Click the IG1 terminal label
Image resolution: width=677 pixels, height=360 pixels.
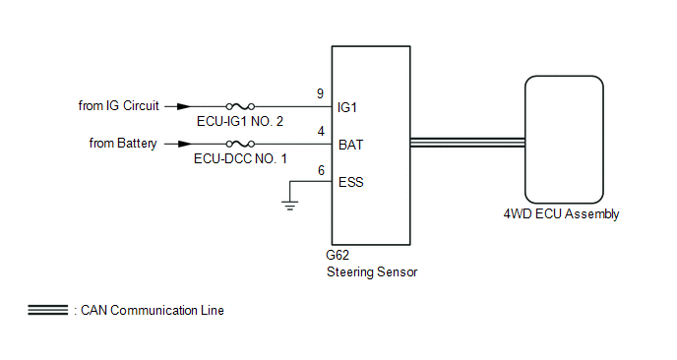pyautogui.click(x=347, y=107)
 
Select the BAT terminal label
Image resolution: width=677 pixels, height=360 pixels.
pyautogui.click(x=351, y=145)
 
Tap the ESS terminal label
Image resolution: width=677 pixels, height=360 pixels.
pyautogui.click(x=351, y=182)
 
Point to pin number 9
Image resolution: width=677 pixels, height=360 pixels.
pyautogui.click(x=320, y=93)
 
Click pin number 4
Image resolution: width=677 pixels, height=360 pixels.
pyautogui.click(x=321, y=131)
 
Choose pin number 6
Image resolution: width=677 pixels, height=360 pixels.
pyautogui.click(x=321, y=170)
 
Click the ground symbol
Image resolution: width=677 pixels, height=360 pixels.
pyautogui.click(x=289, y=205)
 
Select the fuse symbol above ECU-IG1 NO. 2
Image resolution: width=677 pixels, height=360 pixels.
pyautogui.click(x=240, y=106)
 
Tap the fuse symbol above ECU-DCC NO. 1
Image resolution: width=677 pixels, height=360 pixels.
pyautogui.click(x=240, y=144)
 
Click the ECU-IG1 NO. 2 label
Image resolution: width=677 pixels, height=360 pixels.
pyautogui.click(x=240, y=121)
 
